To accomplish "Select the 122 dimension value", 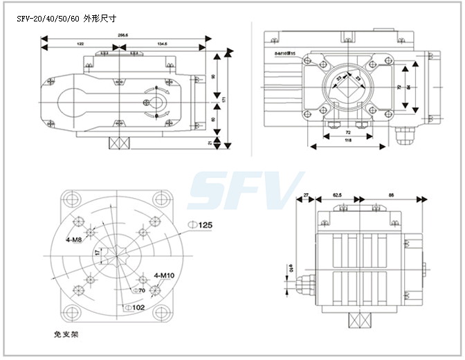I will pyautogui.click(x=80, y=44).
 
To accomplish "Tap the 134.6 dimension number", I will pyautogui.click(x=163, y=44).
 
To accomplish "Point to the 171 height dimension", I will pyautogui.click(x=224, y=98).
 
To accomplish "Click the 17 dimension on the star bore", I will pyautogui.click(x=98, y=254).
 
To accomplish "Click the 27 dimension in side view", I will pyautogui.click(x=307, y=196).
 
